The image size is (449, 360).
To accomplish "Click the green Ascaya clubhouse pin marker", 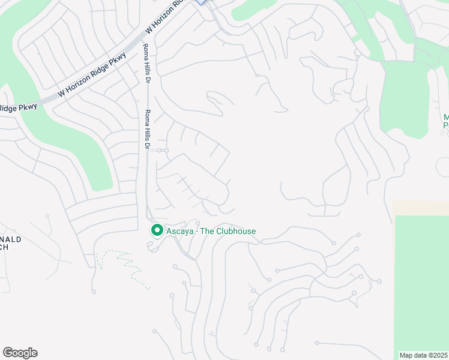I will point(157,230).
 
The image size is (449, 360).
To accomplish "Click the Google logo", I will point(20,353).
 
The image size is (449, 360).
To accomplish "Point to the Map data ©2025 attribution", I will point(423,355).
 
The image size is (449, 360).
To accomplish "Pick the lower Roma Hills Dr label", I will point(146,129).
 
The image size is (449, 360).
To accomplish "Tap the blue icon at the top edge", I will point(202,2).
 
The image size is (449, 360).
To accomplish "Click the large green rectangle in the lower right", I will point(421,282).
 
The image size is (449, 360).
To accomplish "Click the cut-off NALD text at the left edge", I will point(11,239).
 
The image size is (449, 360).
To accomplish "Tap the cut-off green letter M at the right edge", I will point(446,117).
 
